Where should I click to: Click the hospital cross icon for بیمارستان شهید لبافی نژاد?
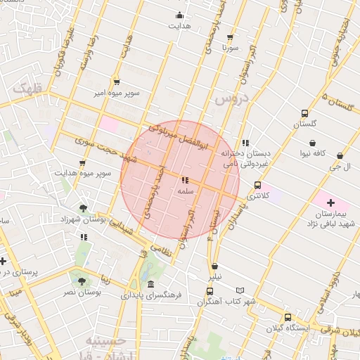[331, 202]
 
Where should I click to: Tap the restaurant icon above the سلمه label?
[185, 181]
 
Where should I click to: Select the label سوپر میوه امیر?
[119, 92]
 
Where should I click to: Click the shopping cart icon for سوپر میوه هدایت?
[82, 163]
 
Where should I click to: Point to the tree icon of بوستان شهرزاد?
[84, 208]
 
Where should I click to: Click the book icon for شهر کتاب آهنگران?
[240, 290]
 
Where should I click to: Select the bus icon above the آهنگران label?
[210, 291]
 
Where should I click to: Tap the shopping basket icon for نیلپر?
[214, 266]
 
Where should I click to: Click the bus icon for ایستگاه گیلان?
[288, 317]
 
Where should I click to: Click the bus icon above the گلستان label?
[304, 113]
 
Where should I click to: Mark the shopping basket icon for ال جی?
[340, 155]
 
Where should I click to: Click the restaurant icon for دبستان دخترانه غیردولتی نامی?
[245, 143]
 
